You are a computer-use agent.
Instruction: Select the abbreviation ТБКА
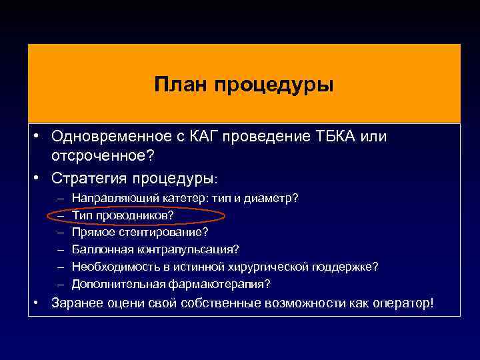click(x=337, y=137)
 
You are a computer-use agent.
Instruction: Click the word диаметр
click(x=275, y=199)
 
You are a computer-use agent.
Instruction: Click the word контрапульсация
click(x=181, y=249)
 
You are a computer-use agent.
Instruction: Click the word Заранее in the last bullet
click(x=78, y=303)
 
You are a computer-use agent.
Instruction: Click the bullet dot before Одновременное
click(x=39, y=137)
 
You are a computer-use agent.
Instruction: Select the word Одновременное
click(x=103, y=137)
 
